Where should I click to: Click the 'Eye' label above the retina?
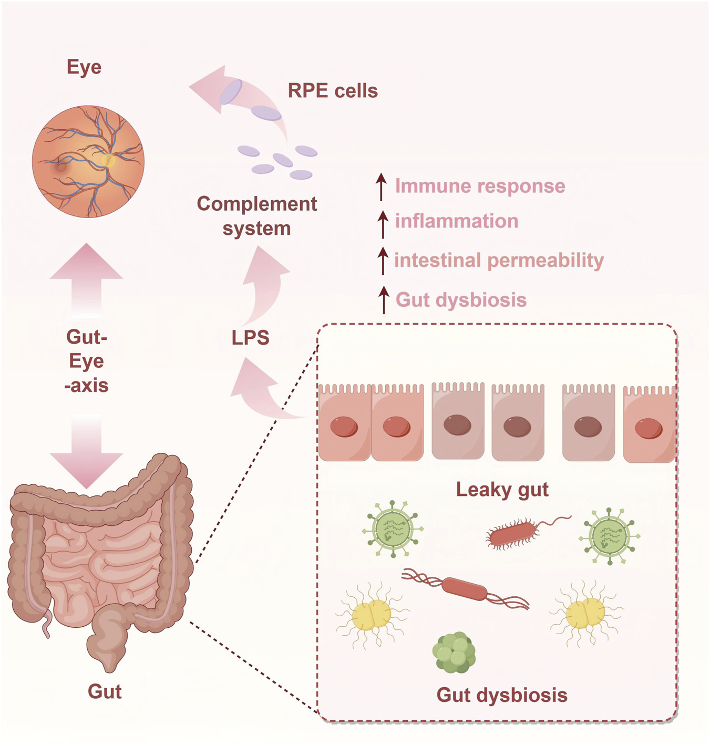click(84, 67)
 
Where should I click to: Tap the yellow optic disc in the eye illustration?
click(108, 160)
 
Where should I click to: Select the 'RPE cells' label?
click(333, 91)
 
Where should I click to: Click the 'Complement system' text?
click(256, 216)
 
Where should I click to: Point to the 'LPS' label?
click(250, 337)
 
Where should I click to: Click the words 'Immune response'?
click(480, 186)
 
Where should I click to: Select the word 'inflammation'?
click(456, 221)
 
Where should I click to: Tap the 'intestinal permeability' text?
click(499, 260)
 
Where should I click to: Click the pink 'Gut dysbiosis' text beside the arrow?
click(461, 300)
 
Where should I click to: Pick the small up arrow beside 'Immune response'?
click(382, 187)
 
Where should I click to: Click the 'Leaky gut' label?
click(502, 489)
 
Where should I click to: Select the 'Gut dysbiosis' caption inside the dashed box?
click(502, 695)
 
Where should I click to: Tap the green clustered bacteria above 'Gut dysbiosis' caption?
click(454, 653)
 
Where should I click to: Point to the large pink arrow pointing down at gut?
click(86, 452)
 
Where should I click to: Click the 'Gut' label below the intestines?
click(105, 691)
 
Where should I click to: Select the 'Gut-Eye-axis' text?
click(87, 361)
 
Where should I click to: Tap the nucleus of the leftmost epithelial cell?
click(344, 427)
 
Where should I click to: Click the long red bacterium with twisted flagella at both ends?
click(465, 588)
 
